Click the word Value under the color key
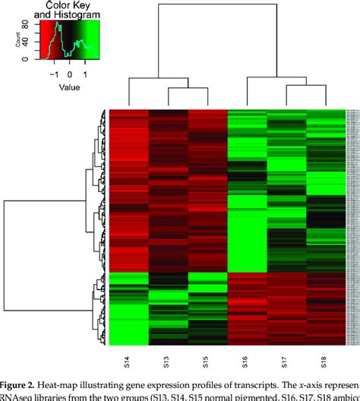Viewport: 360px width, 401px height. (x=71, y=87)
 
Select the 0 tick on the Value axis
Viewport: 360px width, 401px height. (x=70, y=75)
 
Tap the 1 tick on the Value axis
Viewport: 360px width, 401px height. (x=85, y=75)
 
